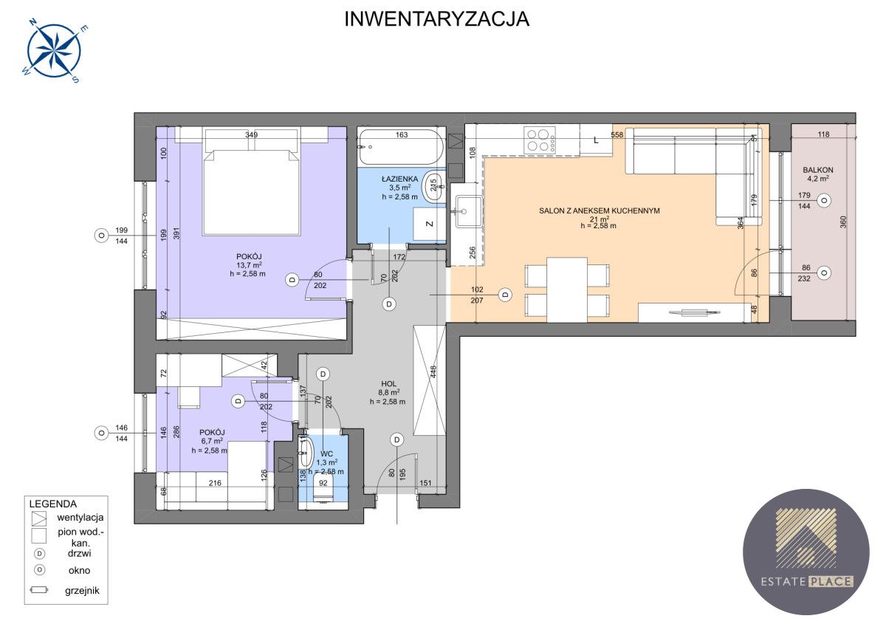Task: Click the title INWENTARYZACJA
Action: tap(436, 19)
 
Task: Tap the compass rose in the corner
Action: tap(55, 51)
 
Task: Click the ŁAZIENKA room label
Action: tap(399, 179)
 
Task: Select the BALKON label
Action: tap(818, 170)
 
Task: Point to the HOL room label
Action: tap(389, 383)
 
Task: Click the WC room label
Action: tap(326, 453)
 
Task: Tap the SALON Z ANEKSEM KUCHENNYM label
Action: tap(600, 210)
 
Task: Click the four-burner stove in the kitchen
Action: tap(540, 140)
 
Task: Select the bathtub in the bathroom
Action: tap(401, 147)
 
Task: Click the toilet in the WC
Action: tap(323, 488)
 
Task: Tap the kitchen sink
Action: tap(469, 212)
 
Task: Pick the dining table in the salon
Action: tap(567, 289)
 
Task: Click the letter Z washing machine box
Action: tap(430, 224)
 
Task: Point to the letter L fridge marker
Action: tap(596, 140)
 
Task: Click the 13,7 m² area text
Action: tap(250, 265)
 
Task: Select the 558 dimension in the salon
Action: tap(617, 134)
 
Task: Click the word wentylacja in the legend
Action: tap(80, 517)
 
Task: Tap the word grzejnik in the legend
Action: tap(82, 591)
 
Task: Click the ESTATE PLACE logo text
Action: tap(806, 581)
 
